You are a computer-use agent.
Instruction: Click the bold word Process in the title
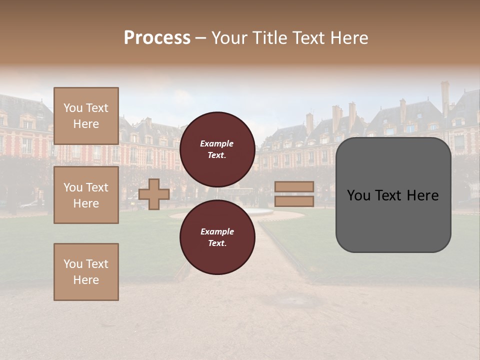pyautogui.click(x=157, y=38)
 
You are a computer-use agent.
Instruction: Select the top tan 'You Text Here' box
pyautogui.click(x=86, y=116)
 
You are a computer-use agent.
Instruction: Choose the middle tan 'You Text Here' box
pyautogui.click(x=86, y=195)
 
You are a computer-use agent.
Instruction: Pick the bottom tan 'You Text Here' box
pyautogui.click(x=86, y=272)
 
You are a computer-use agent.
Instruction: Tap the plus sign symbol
pyautogui.click(x=154, y=194)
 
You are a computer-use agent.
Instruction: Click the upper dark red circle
pyautogui.click(x=217, y=149)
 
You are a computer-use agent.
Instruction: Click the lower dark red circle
pyautogui.click(x=217, y=237)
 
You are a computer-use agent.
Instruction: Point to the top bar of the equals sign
pyautogui.click(x=294, y=186)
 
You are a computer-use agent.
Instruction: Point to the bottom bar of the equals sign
pyautogui.click(x=294, y=201)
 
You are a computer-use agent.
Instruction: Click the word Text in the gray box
pyautogui.click(x=391, y=195)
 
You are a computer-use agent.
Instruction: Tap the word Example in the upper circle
pyautogui.click(x=216, y=144)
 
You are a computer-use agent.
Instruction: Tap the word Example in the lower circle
pyautogui.click(x=217, y=231)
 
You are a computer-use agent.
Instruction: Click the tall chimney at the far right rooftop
pyautogui.click(x=444, y=97)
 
